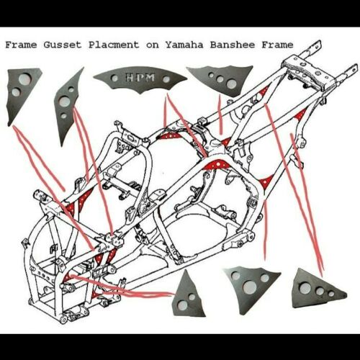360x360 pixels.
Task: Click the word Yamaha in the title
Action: point(183,44)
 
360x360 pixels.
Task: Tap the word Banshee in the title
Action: point(230,44)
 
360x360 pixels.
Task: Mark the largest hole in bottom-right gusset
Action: point(305,288)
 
